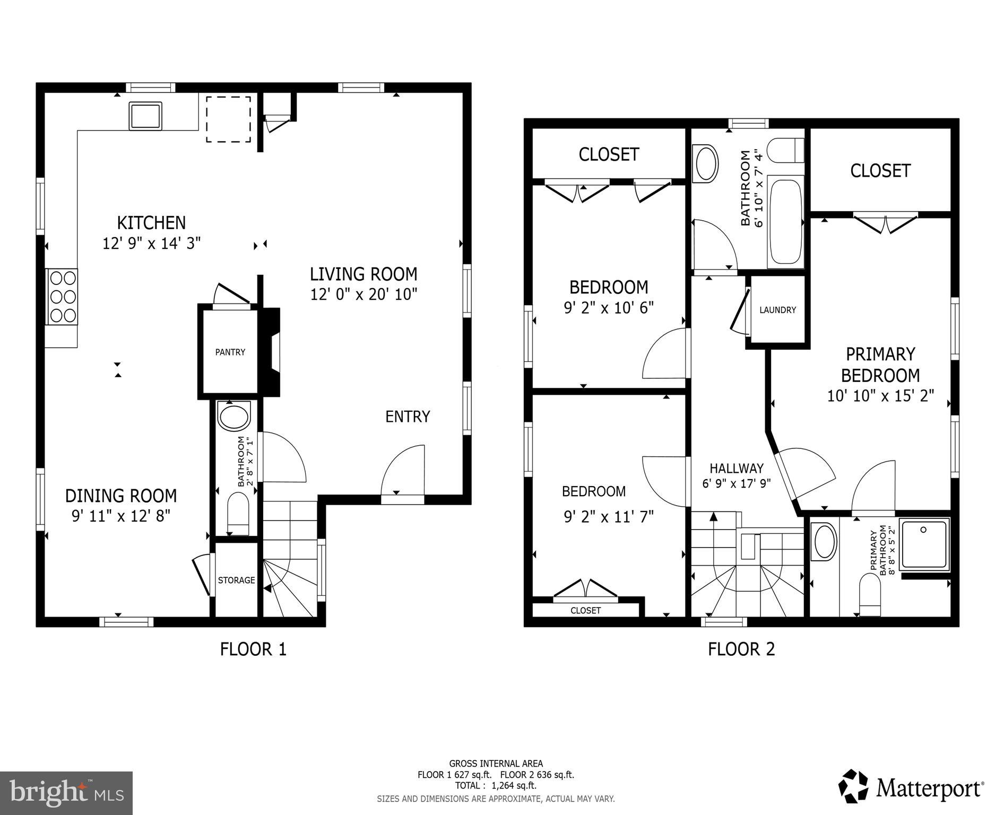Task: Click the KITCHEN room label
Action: click(x=151, y=222)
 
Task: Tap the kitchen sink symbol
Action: click(x=145, y=116)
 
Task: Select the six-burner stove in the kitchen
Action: click(x=62, y=297)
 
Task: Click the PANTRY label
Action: click(x=230, y=352)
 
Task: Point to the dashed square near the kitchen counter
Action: click(x=228, y=119)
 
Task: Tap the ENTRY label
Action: click(x=408, y=417)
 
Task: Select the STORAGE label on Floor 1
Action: click(x=236, y=580)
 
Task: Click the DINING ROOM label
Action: click(x=121, y=496)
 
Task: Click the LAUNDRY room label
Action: click(x=777, y=310)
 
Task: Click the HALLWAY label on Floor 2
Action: click(x=737, y=468)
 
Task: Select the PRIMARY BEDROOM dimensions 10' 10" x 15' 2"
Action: click(x=880, y=396)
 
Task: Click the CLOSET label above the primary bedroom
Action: click(x=880, y=170)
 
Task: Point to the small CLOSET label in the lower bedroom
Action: click(x=585, y=610)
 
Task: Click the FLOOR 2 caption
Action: click(x=741, y=649)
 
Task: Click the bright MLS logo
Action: click(x=66, y=793)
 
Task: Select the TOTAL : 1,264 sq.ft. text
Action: click(x=495, y=785)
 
